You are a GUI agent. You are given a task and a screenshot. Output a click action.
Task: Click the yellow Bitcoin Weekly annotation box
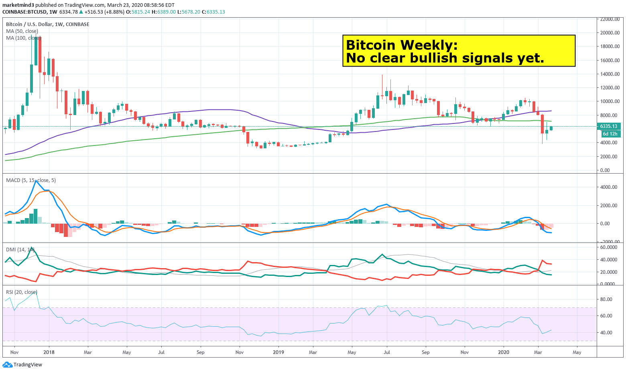coord(459,51)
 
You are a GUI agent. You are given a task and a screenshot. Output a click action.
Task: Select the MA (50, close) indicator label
coord(22,31)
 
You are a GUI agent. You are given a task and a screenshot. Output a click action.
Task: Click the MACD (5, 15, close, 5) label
coord(31,180)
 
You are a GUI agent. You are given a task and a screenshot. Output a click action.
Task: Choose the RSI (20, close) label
coord(22,292)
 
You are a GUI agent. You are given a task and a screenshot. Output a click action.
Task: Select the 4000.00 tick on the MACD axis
coord(609,187)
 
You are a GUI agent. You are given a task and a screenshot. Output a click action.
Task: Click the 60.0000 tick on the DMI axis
coord(609,247)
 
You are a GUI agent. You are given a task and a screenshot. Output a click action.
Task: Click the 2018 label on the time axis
coord(49,352)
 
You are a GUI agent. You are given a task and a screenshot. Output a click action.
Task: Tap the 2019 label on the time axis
coord(278,352)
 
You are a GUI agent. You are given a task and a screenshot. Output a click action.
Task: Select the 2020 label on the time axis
coord(503,352)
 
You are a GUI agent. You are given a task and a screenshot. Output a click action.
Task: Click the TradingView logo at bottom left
coord(22,365)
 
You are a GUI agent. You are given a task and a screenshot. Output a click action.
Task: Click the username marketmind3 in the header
coord(18,5)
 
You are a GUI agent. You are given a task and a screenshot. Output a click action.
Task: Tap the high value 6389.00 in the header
coord(167,12)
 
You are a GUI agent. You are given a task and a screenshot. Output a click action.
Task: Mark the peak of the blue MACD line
coord(36,181)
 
